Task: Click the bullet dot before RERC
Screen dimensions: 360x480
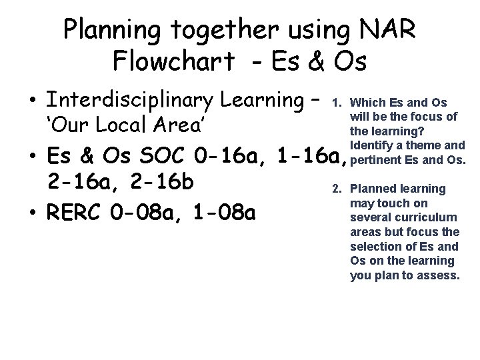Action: click(32, 215)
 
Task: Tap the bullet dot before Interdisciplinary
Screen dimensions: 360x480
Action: click(32, 102)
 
